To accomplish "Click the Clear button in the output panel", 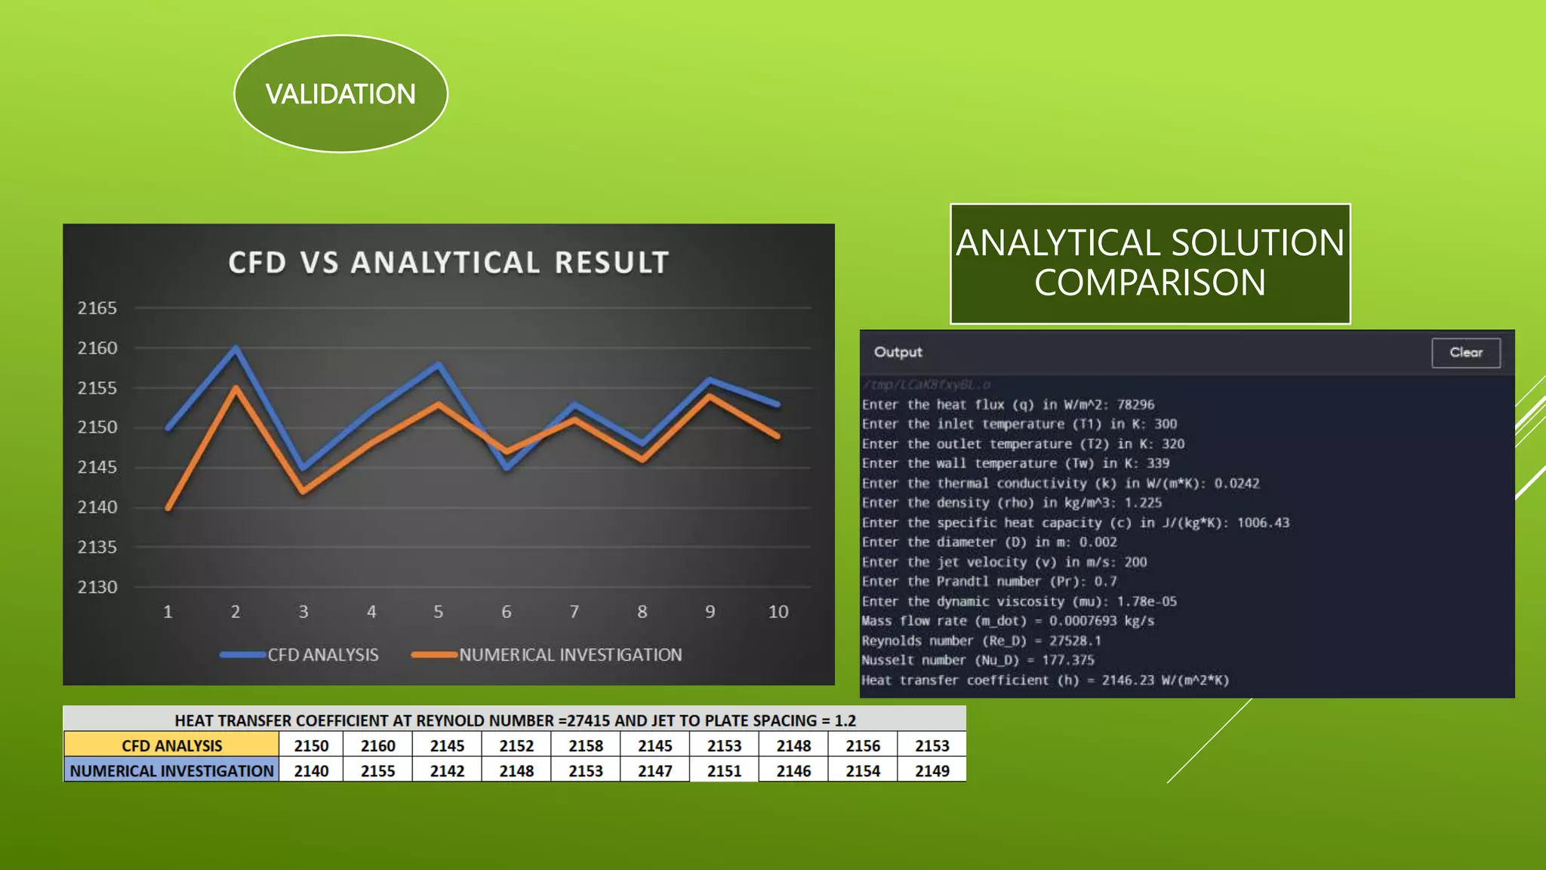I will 1465,353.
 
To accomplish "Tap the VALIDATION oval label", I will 340,94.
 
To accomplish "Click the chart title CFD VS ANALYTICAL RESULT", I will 448,263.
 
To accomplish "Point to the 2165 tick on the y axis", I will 97,308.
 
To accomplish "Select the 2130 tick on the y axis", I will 97,587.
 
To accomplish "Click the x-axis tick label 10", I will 778,612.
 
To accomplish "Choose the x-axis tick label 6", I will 507,612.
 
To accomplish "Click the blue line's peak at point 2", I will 236,348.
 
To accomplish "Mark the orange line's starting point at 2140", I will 168,507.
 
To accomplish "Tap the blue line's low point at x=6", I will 507,467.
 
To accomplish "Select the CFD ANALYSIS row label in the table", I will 172,745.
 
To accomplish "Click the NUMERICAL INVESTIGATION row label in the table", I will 172,771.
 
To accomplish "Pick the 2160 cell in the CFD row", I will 378,745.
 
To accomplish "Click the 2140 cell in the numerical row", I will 311,771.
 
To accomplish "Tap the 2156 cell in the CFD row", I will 863,745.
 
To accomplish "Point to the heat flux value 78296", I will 1135,405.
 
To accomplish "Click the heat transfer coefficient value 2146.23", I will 1128,680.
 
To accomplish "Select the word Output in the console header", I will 898,352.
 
